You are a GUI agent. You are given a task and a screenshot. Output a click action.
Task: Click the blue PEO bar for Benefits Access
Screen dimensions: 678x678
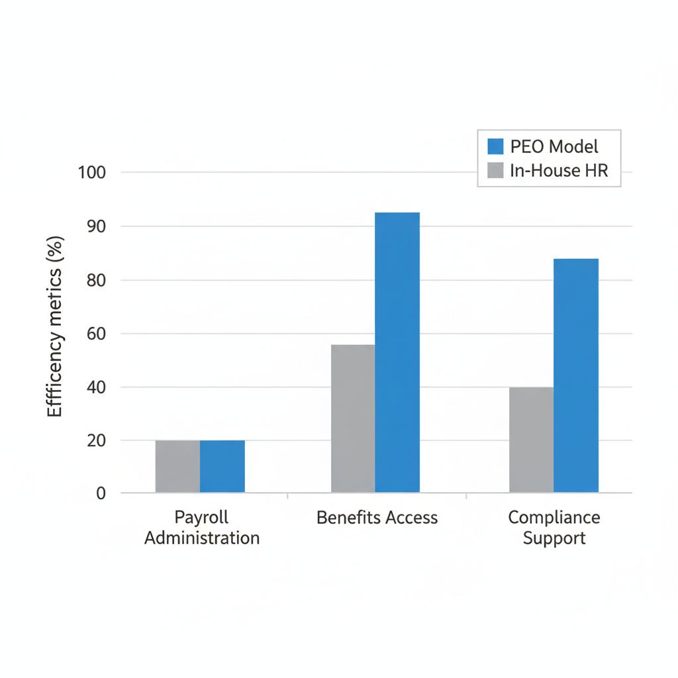click(x=397, y=352)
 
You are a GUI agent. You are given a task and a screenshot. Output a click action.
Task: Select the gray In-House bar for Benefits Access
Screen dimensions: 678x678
click(x=353, y=418)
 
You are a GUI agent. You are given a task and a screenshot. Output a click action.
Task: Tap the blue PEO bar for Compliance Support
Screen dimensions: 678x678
click(x=576, y=375)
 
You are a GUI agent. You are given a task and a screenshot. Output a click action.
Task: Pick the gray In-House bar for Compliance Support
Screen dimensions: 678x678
click(x=532, y=440)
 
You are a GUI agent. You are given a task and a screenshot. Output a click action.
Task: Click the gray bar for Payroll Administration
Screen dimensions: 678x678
click(x=177, y=466)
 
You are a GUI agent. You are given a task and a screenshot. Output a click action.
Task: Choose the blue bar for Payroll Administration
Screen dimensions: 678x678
click(x=222, y=466)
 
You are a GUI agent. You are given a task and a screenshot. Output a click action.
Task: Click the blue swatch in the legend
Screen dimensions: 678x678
click(x=496, y=146)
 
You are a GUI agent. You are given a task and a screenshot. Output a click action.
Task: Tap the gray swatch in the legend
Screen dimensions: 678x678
click(x=496, y=171)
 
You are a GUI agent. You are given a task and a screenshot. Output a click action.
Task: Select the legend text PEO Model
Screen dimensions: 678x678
click(x=555, y=146)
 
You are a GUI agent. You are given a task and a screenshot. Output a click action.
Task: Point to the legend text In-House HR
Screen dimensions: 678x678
click(x=559, y=171)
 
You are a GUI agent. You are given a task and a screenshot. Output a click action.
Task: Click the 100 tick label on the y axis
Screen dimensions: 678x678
click(x=92, y=173)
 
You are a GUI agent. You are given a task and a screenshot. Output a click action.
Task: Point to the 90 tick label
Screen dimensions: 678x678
click(x=96, y=226)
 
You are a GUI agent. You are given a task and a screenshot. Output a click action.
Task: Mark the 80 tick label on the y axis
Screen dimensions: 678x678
click(x=96, y=280)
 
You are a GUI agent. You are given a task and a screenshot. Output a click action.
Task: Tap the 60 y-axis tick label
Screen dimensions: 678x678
click(x=96, y=334)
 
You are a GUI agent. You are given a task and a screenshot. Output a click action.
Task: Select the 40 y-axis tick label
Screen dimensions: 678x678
click(x=96, y=387)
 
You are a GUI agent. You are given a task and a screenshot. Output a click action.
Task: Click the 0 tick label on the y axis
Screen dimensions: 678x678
click(x=101, y=493)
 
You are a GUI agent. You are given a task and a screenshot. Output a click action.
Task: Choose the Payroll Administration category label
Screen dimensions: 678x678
click(x=202, y=527)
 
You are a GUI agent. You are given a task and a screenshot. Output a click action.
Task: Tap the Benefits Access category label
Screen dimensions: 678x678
click(x=377, y=518)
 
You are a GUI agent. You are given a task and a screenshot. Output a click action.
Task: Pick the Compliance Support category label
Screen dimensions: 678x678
click(x=554, y=527)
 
